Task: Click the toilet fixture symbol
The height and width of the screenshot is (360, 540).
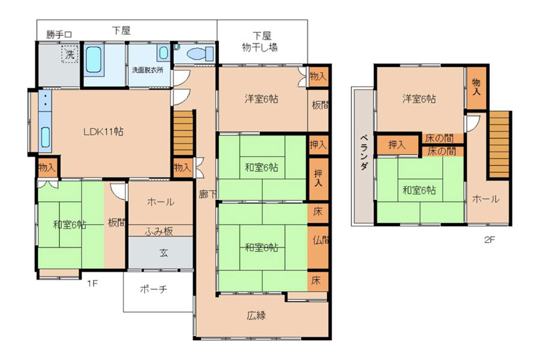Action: [x=200, y=54]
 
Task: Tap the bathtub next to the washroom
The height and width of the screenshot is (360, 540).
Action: [x=94, y=59]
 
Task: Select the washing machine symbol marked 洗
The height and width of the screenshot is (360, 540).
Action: [x=70, y=54]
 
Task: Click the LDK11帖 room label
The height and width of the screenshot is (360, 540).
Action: [x=103, y=131]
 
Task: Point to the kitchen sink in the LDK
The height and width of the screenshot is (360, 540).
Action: [x=46, y=137]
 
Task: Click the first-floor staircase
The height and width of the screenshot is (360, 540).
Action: [x=183, y=133]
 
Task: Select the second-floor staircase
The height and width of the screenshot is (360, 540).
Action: [x=499, y=145]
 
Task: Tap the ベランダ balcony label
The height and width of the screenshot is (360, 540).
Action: [x=364, y=152]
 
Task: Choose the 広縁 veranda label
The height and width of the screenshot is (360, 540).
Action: [x=256, y=315]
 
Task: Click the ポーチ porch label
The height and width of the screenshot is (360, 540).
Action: [x=154, y=289]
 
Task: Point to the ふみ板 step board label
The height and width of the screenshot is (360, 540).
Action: [x=159, y=232]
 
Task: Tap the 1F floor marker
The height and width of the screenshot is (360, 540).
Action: [x=92, y=284]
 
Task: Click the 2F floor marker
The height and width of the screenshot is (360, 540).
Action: [x=490, y=240]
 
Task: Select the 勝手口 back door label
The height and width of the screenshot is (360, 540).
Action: [x=59, y=34]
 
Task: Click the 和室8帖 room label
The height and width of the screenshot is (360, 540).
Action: [x=262, y=247]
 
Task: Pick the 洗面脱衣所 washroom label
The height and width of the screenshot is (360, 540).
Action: [x=148, y=70]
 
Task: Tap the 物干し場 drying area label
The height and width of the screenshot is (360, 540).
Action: [x=260, y=47]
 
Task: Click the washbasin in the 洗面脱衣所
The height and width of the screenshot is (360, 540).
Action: [x=164, y=53]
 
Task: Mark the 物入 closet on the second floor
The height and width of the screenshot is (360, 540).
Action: [x=476, y=88]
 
